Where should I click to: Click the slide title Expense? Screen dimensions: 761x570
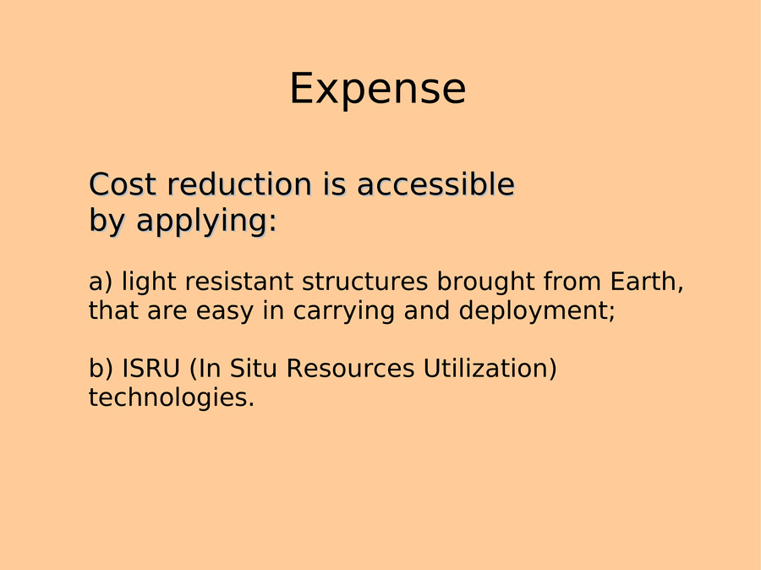[378, 88]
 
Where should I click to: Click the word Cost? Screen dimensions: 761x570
[123, 184]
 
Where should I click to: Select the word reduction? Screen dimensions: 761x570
[239, 184]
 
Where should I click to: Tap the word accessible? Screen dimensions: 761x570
[435, 184]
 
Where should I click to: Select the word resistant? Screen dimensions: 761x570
[238, 282]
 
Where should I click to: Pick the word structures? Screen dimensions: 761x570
[364, 282]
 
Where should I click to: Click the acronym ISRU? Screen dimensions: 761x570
[151, 368]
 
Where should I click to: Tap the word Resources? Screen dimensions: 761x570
[350, 368]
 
